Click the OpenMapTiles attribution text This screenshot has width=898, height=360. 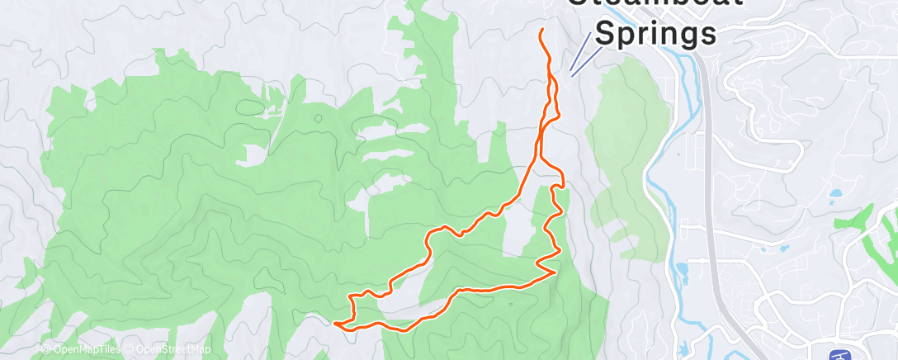[82, 349]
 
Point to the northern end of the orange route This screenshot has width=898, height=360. [542, 31]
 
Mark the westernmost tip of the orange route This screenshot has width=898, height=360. [335, 324]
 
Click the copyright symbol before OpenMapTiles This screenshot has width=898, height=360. [46, 349]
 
